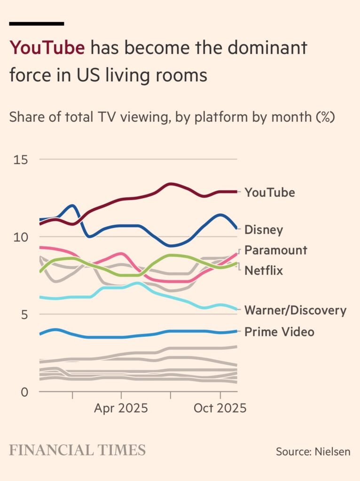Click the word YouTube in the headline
click(47, 47)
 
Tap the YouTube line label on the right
click(269, 192)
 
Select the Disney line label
click(264, 230)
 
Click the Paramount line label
click(275, 250)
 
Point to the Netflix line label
click(264, 271)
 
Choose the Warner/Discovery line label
click(295, 310)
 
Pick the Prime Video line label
click(279, 332)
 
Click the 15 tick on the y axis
click(21, 160)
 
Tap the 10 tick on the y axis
click(21, 237)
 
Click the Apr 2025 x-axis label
click(121, 408)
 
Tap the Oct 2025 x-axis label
click(219, 408)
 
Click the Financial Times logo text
click(77, 450)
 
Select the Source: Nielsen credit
click(313, 451)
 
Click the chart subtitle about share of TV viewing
click(172, 117)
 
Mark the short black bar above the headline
click(37, 23)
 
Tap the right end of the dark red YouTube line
click(236, 192)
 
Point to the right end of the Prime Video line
click(236, 331)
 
